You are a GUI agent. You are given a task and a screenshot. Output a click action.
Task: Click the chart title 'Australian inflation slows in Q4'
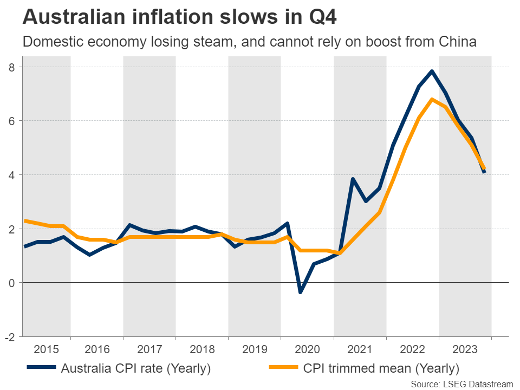point(179,17)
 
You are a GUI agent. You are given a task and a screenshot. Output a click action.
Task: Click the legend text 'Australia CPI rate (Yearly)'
point(135,369)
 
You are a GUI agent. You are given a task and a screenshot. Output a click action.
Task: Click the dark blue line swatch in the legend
point(41,368)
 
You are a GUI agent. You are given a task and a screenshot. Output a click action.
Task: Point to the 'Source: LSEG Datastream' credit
point(461,384)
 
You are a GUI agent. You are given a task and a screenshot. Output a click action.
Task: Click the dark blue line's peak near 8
point(432,71)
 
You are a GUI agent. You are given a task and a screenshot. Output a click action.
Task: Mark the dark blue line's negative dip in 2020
point(300,292)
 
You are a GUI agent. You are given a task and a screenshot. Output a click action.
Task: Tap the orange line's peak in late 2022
point(432,99)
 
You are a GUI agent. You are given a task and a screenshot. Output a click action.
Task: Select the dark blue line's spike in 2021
point(353,179)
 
